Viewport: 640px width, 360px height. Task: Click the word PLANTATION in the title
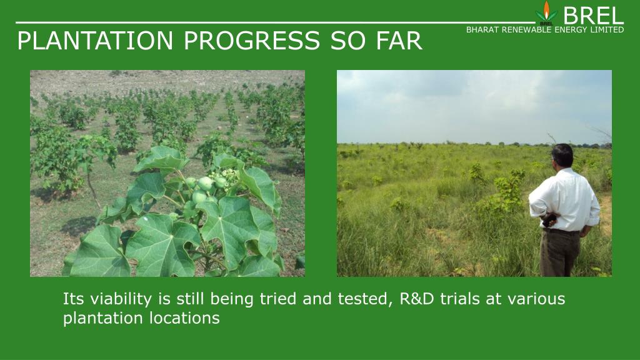(95, 41)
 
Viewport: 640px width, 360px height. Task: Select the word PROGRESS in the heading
(252, 41)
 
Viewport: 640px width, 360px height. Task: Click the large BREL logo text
(593, 16)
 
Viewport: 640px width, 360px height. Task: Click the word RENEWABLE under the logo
(525, 30)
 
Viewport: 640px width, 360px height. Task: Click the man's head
(562, 155)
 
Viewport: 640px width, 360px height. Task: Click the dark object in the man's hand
(549, 220)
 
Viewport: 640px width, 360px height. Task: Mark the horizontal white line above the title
(276, 22)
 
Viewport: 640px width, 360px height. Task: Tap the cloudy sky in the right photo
(474, 106)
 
